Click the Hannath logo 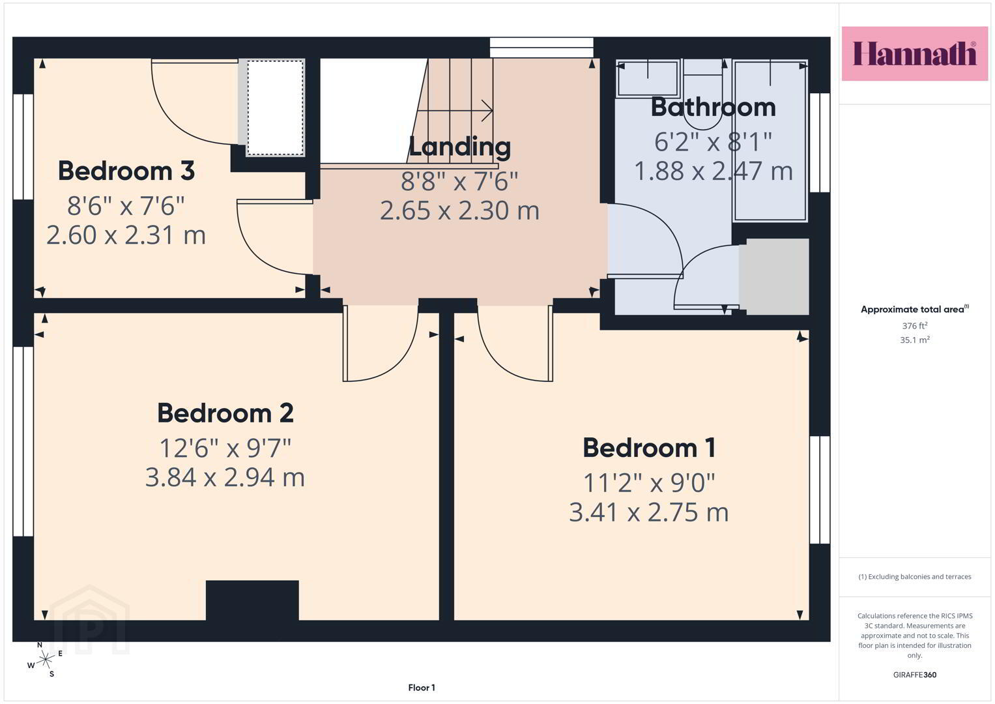(x=915, y=53)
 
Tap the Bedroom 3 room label (x=126, y=171)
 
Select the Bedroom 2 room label (x=225, y=413)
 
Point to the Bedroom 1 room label (x=649, y=448)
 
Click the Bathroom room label (x=714, y=108)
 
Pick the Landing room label (x=459, y=147)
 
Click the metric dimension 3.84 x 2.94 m (x=225, y=478)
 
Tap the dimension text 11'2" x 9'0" (x=649, y=483)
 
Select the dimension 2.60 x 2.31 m (x=126, y=235)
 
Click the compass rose (x=45, y=659)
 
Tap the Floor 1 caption (x=422, y=688)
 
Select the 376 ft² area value (x=915, y=325)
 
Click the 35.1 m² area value (x=915, y=340)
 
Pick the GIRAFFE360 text (x=915, y=675)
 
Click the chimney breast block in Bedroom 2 (x=252, y=600)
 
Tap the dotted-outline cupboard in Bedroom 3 (x=276, y=108)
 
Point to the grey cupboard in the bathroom (x=777, y=276)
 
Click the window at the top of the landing (x=541, y=48)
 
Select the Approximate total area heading (x=915, y=310)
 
